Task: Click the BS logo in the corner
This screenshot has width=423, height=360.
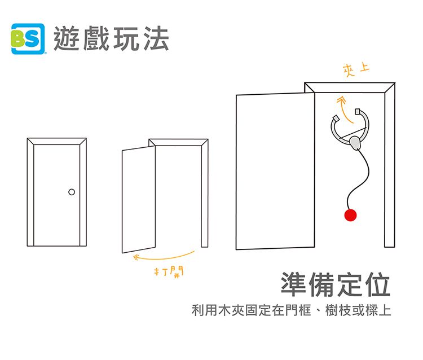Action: pos(28,39)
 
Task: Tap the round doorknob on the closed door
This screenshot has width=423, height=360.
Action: pos(71,192)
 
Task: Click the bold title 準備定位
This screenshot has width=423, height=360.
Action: pos(336,284)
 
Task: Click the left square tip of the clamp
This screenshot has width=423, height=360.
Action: pos(336,118)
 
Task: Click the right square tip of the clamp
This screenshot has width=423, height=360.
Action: pos(359,111)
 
